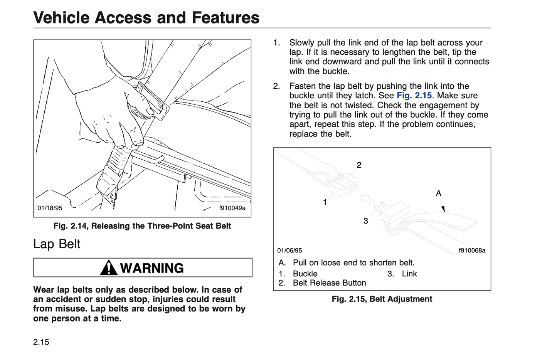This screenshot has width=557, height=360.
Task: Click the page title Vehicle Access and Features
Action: pyautogui.click(x=146, y=18)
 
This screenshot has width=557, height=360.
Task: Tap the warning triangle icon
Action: pyautogui.click(x=109, y=268)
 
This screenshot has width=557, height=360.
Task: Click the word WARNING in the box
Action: pyautogui.click(x=152, y=268)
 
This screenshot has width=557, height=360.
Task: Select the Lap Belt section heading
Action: pyautogui.click(x=57, y=244)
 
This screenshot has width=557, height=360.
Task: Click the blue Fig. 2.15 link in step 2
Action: pyautogui.click(x=414, y=96)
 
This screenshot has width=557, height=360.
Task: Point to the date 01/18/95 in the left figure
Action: pyautogui.click(x=50, y=208)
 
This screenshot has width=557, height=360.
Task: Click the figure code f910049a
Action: pyautogui.click(x=232, y=208)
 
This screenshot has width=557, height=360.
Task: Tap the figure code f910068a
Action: pyautogui.click(x=472, y=251)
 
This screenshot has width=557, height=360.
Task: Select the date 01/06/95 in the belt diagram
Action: pyautogui.click(x=289, y=251)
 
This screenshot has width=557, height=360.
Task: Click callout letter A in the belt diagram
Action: pyautogui.click(x=438, y=193)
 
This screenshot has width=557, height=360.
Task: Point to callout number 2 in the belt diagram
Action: pyautogui.click(x=359, y=165)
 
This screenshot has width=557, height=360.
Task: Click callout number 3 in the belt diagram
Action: pyautogui.click(x=365, y=221)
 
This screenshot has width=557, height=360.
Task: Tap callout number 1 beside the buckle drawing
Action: pyautogui.click(x=325, y=202)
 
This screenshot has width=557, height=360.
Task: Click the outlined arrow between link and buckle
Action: pyautogui.click(x=366, y=199)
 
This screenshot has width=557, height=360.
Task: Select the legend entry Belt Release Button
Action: pyautogui.click(x=329, y=283)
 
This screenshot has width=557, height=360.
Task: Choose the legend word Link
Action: pyautogui.click(x=409, y=274)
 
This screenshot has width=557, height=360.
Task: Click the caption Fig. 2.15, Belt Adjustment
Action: pyautogui.click(x=382, y=299)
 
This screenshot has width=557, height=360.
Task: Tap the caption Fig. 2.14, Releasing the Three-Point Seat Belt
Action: pyautogui.click(x=142, y=226)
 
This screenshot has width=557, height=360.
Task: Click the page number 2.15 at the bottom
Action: pyautogui.click(x=41, y=342)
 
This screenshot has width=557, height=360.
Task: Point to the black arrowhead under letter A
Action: pyautogui.click(x=443, y=209)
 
